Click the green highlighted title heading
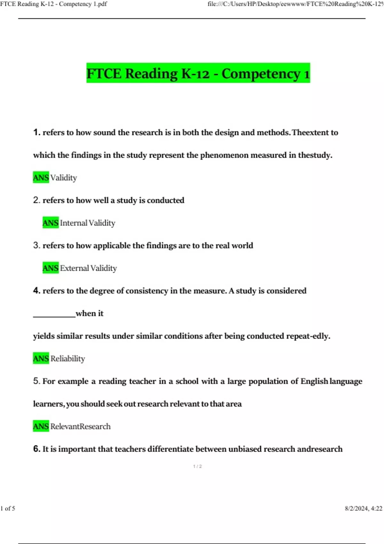pos(198,73)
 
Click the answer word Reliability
pos(68,359)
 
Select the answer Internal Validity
pos(87,223)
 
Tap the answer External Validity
pos(88,268)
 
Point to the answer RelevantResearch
pos(80,427)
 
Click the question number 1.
pos(36,132)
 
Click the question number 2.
pos(36,200)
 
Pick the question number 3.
pos(36,245)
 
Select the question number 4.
pos(36,291)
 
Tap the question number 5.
pos(36,381)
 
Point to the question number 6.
pos(36,449)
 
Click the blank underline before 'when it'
pos(54,315)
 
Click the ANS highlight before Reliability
pos(41,359)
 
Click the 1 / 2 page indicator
pos(197,467)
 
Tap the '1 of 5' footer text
pos(8,508)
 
